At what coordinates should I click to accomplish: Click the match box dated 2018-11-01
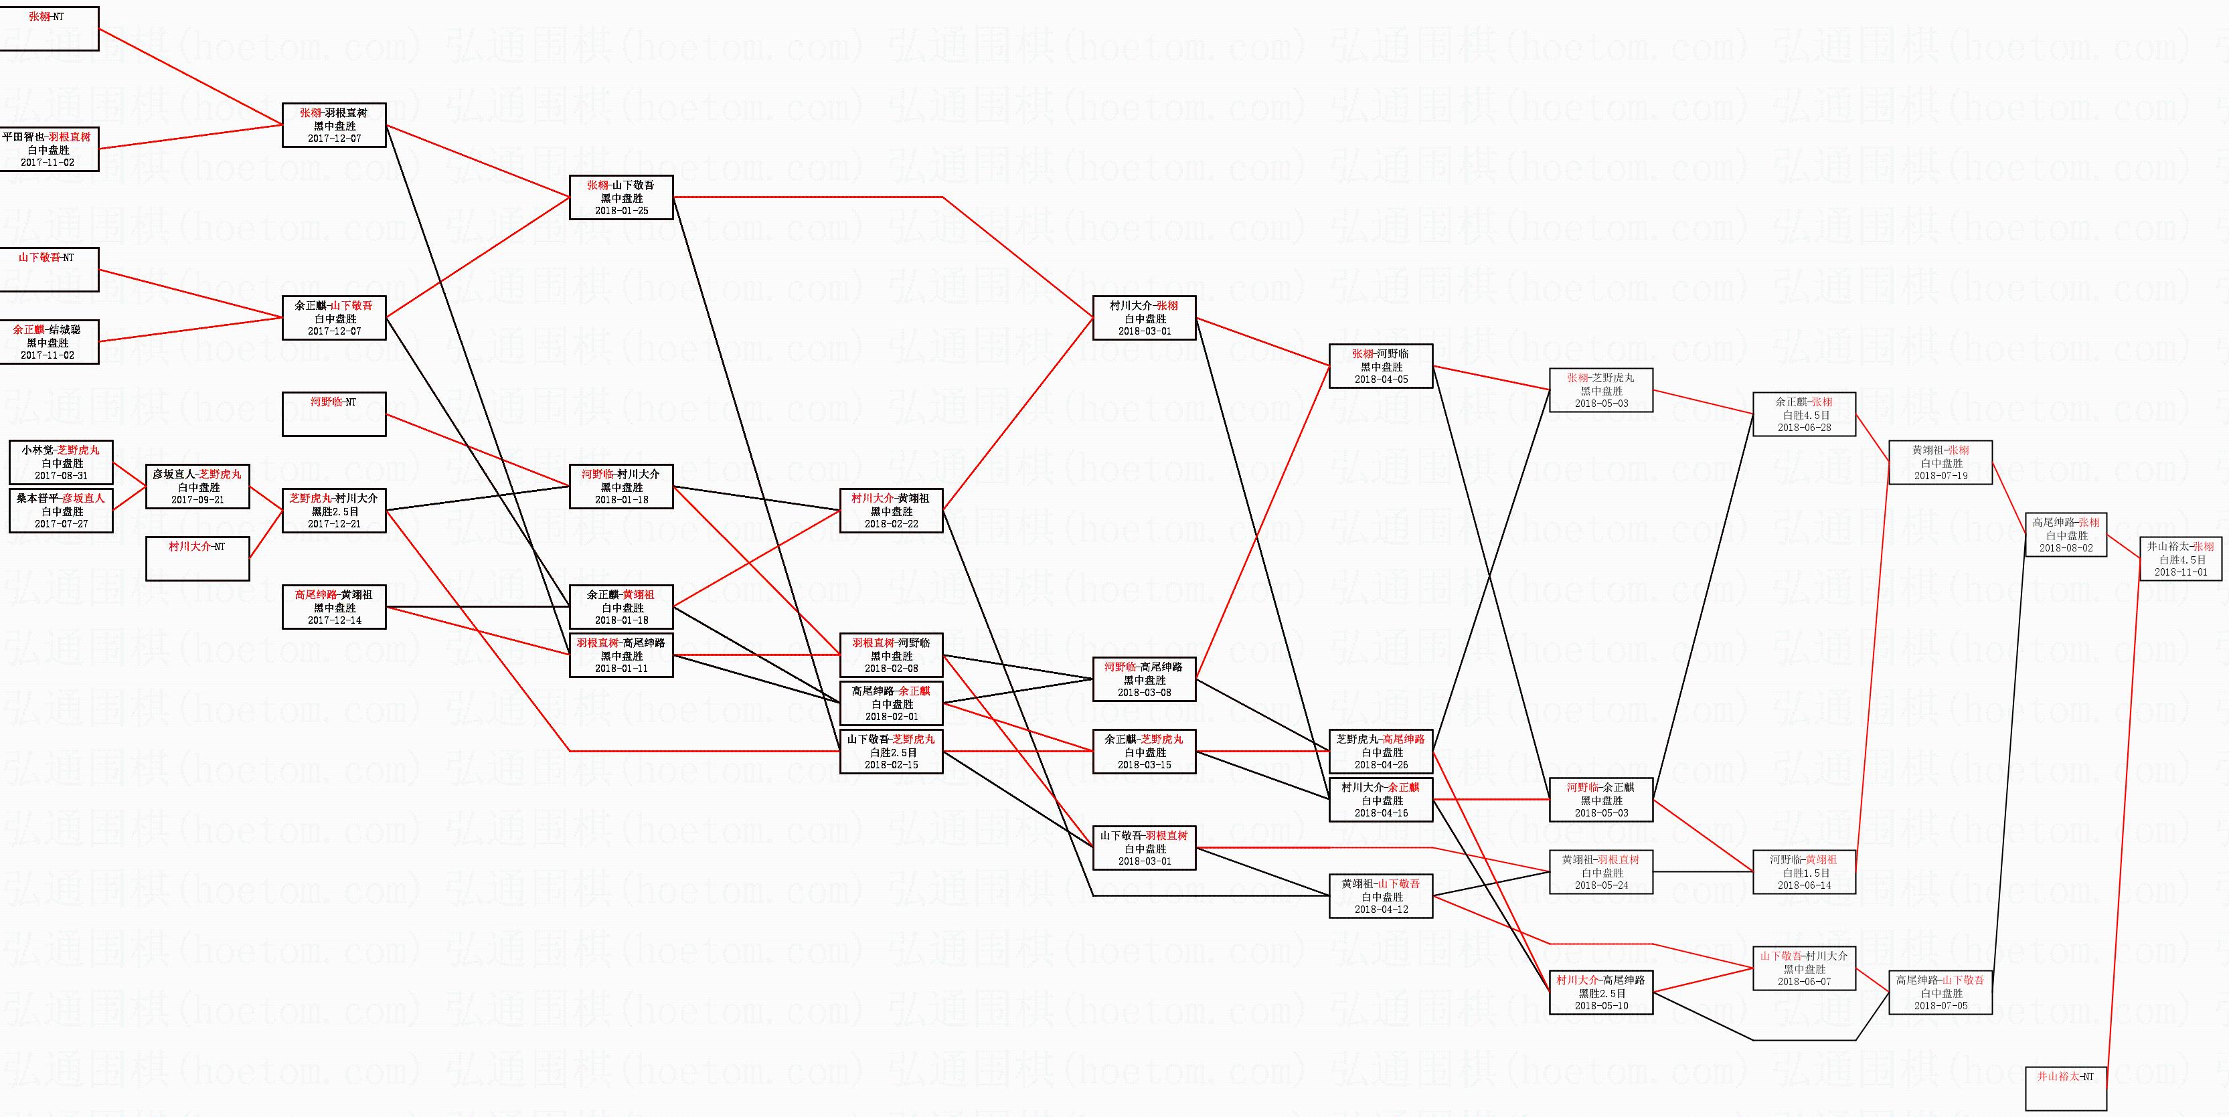tap(2179, 559)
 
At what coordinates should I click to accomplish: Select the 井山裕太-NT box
tap(2066, 1088)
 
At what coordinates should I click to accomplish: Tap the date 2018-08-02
tap(2066, 547)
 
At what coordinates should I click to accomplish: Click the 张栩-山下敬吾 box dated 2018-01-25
tap(621, 197)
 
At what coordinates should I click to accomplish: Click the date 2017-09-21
tap(197, 500)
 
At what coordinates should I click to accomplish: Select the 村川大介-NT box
tap(197, 559)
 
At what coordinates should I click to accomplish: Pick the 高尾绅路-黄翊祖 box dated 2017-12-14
tap(334, 608)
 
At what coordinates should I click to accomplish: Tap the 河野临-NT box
tap(334, 414)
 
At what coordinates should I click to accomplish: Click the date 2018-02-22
tap(891, 523)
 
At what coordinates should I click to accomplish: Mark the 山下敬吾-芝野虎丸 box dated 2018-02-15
tap(891, 752)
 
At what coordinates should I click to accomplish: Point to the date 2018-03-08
tap(1144, 692)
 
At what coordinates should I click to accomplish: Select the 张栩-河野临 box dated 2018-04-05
tap(1380, 367)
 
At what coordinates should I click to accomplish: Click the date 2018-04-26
tap(1380, 765)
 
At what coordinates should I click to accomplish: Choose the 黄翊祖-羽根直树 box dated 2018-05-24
tap(1600, 872)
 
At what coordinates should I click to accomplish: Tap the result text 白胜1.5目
tap(1804, 873)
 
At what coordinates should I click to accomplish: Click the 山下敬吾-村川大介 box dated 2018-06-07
tap(1804, 969)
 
